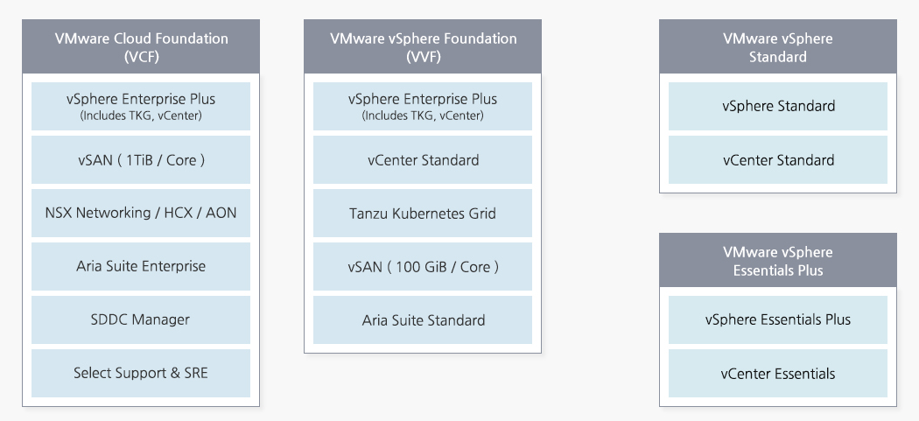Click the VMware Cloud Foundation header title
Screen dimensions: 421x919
pyautogui.click(x=141, y=39)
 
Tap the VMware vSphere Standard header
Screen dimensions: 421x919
pyautogui.click(x=777, y=47)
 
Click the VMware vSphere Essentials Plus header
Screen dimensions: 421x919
pyautogui.click(x=777, y=261)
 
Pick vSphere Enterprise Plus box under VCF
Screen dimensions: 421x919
pyautogui.click(x=141, y=106)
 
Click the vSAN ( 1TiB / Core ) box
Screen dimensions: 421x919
pyautogui.click(x=141, y=159)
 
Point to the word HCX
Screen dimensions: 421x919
pyautogui.click(x=180, y=213)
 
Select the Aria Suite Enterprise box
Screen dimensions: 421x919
pyautogui.click(x=141, y=266)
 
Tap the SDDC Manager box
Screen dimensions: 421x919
pyautogui.click(x=141, y=319)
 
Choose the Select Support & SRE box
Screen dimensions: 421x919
pyautogui.click(x=141, y=373)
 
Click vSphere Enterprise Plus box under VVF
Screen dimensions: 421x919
pyautogui.click(x=423, y=106)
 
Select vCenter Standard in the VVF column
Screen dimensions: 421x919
pyautogui.click(x=423, y=159)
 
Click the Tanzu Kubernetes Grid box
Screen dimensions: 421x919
pyautogui.click(x=423, y=213)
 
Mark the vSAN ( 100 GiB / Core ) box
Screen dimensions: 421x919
pyautogui.click(x=423, y=266)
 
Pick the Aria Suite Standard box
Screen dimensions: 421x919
pyautogui.click(x=423, y=319)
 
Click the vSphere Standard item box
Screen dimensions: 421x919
pyautogui.click(x=777, y=106)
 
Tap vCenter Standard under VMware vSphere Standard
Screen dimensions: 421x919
pyautogui.click(x=777, y=159)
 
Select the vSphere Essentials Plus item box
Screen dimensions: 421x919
pyautogui.click(x=777, y=319)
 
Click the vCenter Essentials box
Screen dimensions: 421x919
pyautogui.click(x=777, y=373)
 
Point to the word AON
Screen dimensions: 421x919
pyautogui.click(x=221, y=213)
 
